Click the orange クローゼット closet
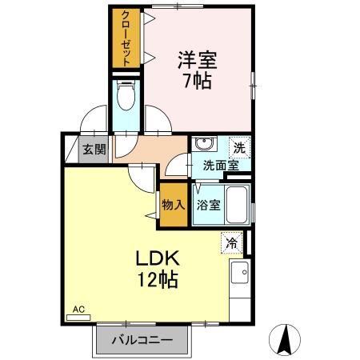point(125,39)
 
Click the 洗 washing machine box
point(238,147)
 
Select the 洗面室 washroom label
point(219,166)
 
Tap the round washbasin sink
point(205,145)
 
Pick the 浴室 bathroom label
point(208,205)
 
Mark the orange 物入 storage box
point(174,204)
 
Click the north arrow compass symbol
point(286,339)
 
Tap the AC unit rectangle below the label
point(78,318)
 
